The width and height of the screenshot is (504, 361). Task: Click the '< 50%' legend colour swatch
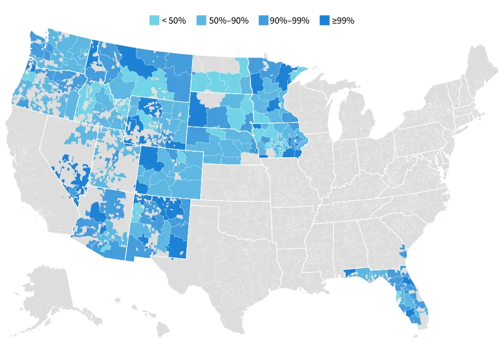(x=154, y=21)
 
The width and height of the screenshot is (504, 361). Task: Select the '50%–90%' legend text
(x=229, y=21)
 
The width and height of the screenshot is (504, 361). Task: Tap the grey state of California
(x=31, y=169)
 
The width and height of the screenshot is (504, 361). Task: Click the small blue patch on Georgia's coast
(x=403, y=251)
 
